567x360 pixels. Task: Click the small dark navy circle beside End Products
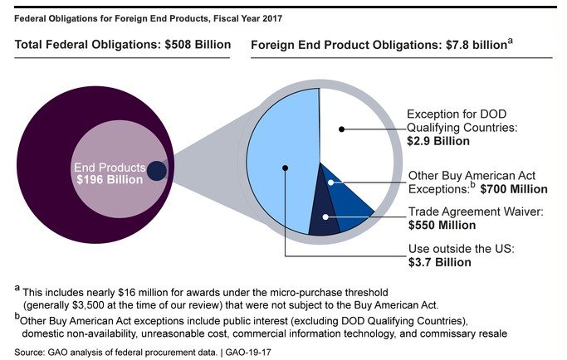[x=157, y=172]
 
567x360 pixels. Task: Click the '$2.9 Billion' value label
[x=437, y=142]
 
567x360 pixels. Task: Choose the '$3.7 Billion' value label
[x=438, y=262]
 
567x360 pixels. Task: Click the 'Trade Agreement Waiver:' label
[x=475, y=212]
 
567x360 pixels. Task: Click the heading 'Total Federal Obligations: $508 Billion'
[x=123, y=44]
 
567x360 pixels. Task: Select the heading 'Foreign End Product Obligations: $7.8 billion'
[x=377, y=44]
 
